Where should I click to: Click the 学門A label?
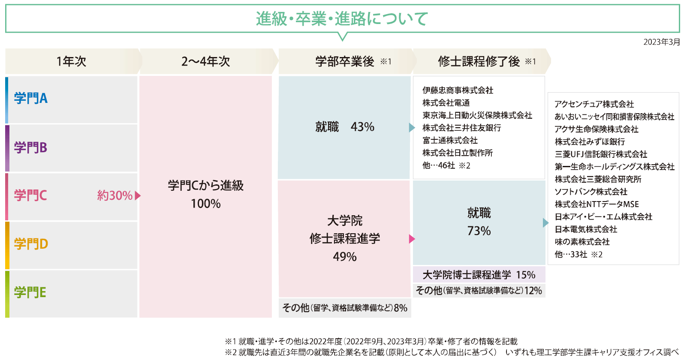[x=30, y=98]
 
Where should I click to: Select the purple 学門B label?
[x=30, y=147]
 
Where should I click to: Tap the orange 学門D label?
[x=31, y=244]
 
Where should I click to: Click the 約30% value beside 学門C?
[x=115, y=196]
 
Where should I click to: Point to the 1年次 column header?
[x=71, y=61]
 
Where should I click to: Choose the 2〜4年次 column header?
[x=205, y=61]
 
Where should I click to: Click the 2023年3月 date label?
[x=661, y=42]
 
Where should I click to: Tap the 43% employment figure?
[x=362, y=127]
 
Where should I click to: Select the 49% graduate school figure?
[x=345, y=257]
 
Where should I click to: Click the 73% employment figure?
[x=479, y=231]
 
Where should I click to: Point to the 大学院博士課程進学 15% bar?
[x=479, y=275]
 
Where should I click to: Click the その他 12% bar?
[x=479, y=291]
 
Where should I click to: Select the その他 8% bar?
[x=344, y=308]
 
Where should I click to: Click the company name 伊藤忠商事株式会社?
[x=458, y=90]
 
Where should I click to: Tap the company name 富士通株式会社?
[x=450, y=140]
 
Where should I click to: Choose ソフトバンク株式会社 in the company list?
[x=591, y=192]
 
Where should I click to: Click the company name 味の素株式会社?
[x=582, y=242]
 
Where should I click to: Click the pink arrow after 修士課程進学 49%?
[x=412, y=239]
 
